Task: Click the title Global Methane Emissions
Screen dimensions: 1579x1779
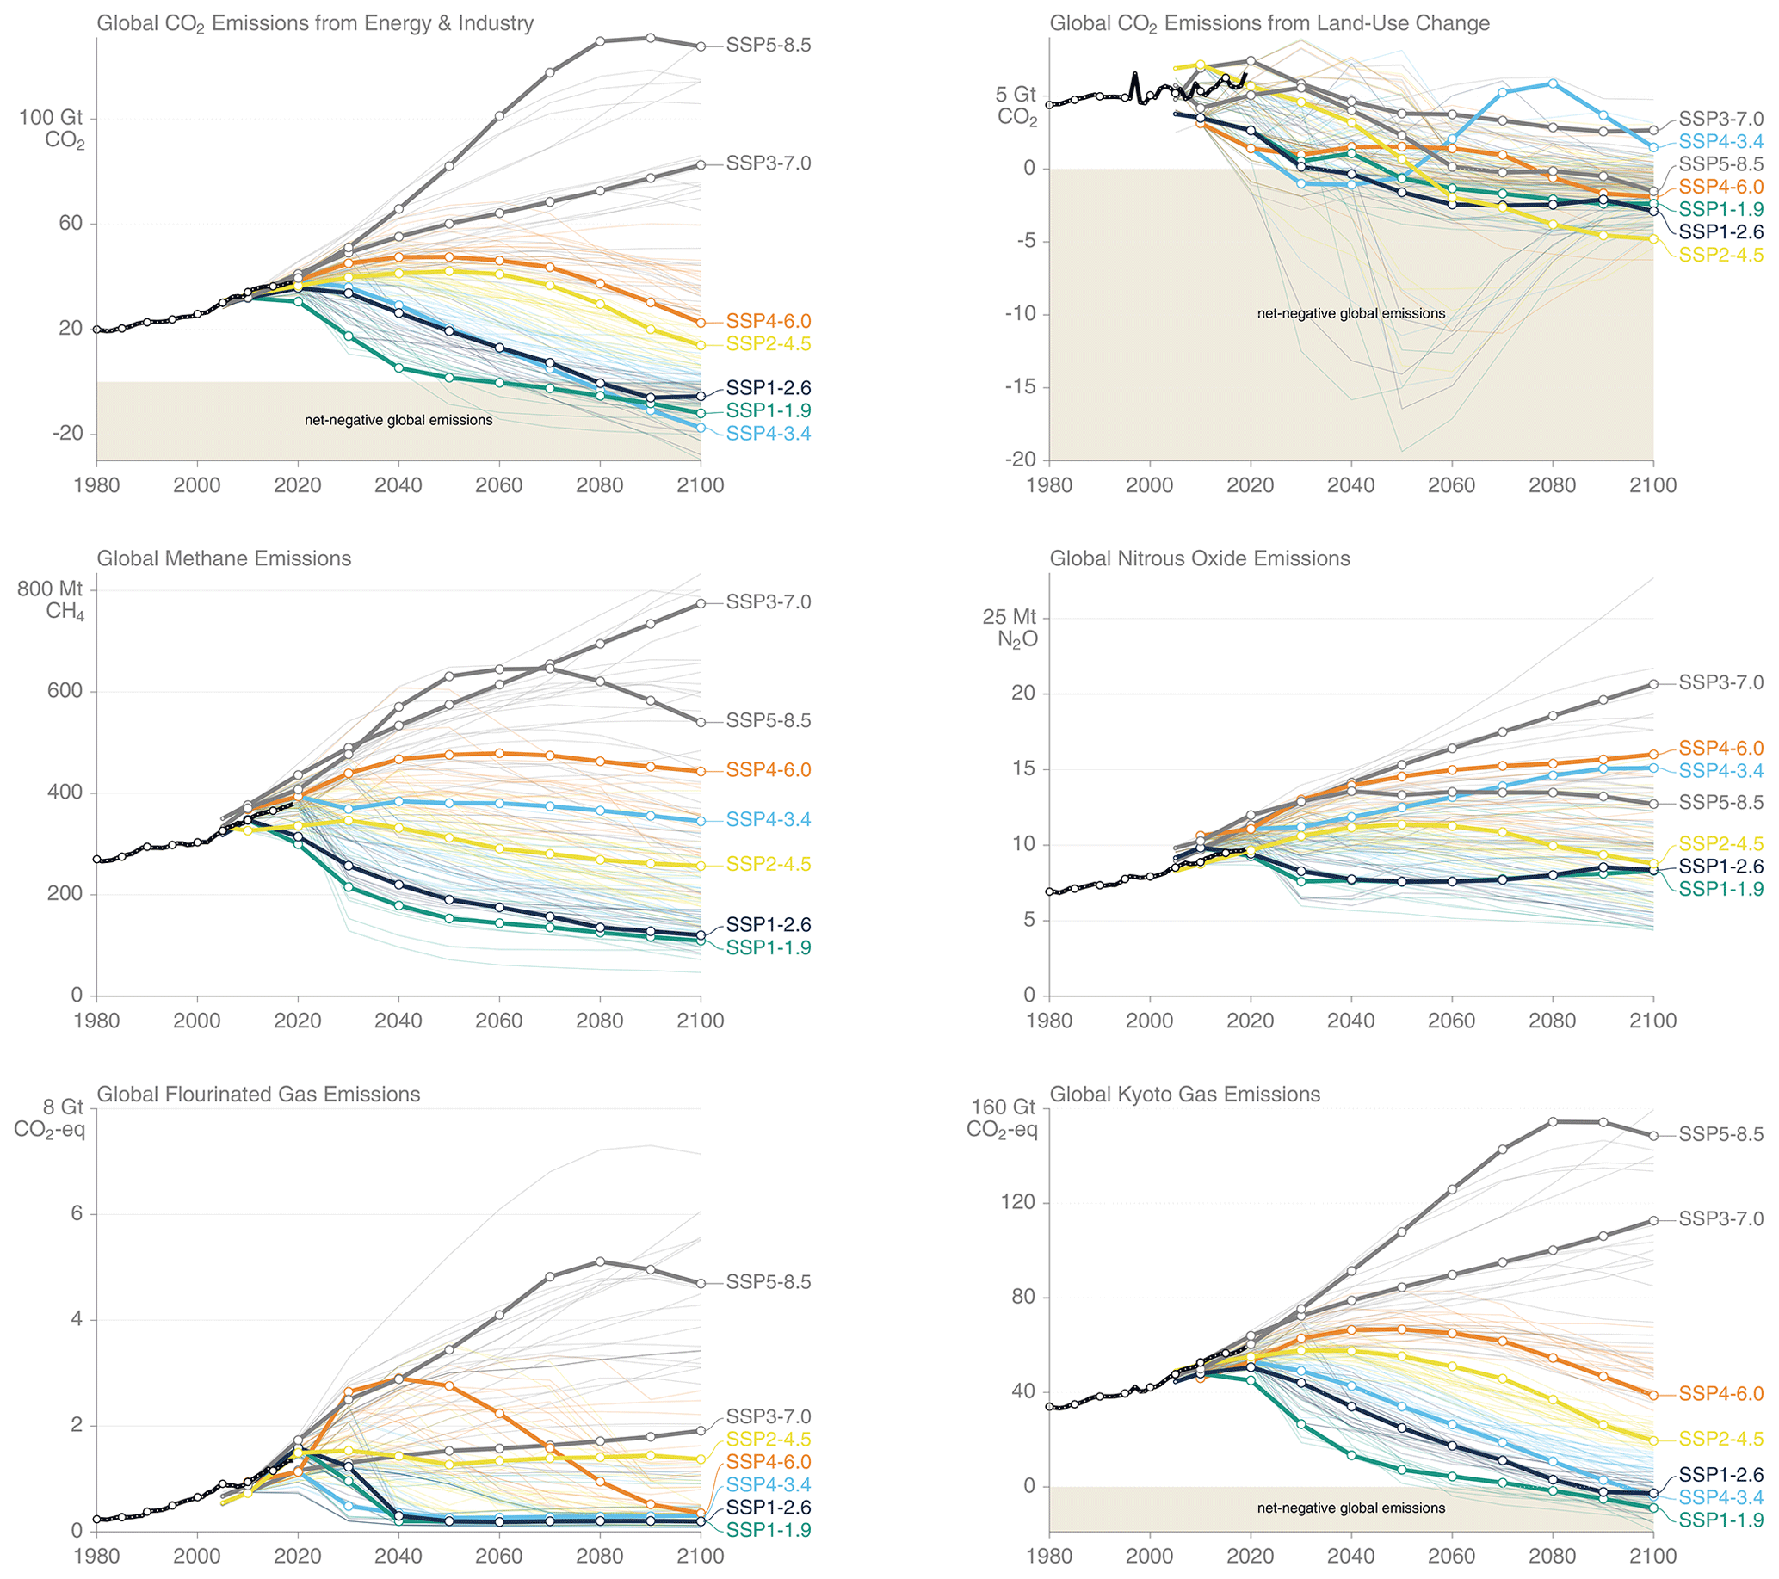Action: point(224,558)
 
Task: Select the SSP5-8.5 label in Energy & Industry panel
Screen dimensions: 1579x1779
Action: point(769,46)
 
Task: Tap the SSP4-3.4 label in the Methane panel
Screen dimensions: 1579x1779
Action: point(769,819)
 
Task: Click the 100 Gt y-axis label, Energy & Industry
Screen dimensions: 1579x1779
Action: point(52,117)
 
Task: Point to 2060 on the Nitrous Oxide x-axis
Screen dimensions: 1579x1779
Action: point(1452,1021)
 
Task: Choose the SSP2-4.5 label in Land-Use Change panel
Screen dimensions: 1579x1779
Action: point(1720,255)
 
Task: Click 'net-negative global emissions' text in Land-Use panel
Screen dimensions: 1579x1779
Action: point(1350,313)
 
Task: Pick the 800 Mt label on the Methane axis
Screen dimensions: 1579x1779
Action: point(50,589)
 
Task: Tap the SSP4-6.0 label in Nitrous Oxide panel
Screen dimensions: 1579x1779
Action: point(1720,748)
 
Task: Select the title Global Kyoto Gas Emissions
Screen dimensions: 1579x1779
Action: point(1184,1095)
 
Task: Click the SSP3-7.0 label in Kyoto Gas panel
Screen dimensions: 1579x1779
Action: point(1720,1218)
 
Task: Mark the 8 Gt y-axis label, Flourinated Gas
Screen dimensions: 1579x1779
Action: point(63,1107)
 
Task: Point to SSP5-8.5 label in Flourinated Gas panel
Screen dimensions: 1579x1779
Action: point(769,1282)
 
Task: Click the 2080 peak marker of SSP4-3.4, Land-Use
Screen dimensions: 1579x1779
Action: point(1553,83)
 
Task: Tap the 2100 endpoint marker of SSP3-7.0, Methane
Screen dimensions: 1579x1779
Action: point(701,604)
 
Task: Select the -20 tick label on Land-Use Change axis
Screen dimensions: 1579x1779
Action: point(1020,460)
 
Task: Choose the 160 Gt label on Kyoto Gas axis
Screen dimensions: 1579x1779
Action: point(1004,1107)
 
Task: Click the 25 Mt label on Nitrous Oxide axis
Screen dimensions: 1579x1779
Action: point(1010,617)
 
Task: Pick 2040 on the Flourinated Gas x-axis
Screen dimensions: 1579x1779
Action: point(398,1557)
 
